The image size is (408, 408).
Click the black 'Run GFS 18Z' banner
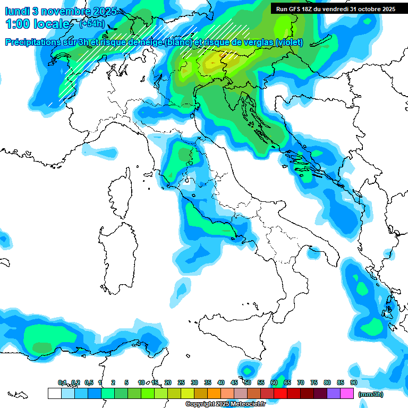(x=335, y=9)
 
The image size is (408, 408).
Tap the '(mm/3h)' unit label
(x=371, y=394)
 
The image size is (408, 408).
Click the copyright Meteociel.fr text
(x=225, y=404)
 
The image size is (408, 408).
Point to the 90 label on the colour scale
(x=353, y=382)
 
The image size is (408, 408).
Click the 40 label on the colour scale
(x=220, y=382)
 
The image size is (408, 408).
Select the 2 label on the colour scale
(x=113, y=382)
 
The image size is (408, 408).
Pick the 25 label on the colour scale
(x=181, y=382)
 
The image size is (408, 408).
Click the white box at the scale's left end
(x=54, y=394)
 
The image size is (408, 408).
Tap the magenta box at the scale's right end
(x=347, y=394)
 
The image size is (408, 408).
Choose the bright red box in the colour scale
(x=280, y=394)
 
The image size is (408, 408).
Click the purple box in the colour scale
(x=334, y=394)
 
